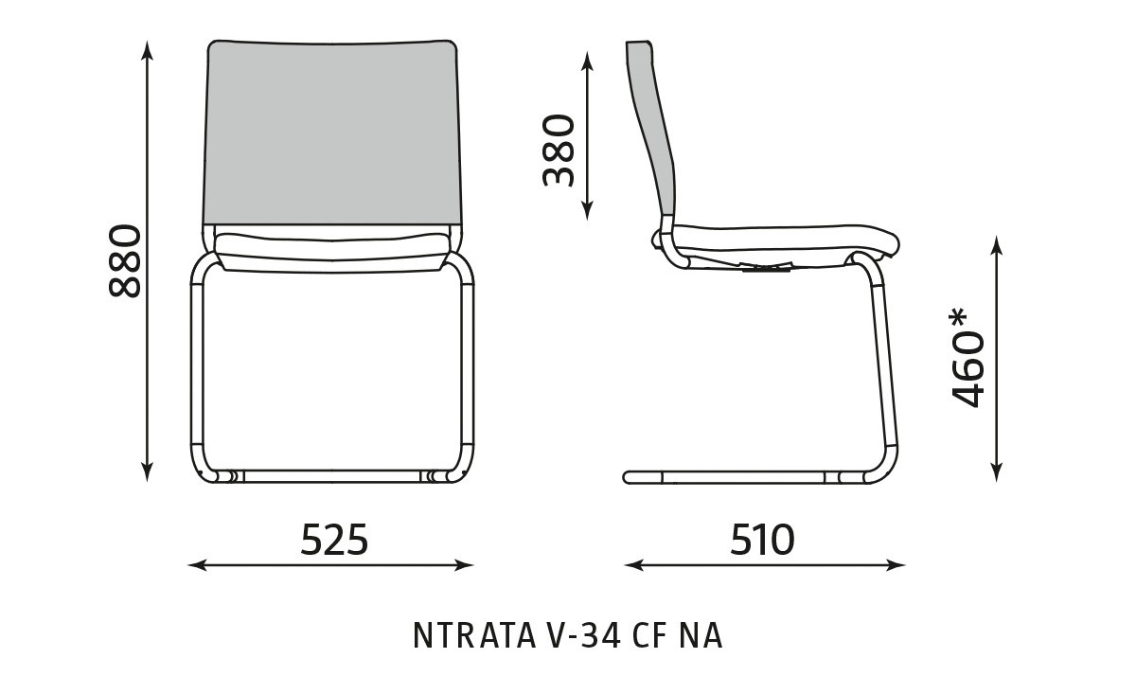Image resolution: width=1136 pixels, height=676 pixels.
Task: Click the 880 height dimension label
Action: (125, 260)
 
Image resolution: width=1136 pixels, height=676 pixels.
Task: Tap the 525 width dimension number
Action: (334, 540)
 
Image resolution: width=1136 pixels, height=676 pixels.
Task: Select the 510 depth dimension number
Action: (762, 540)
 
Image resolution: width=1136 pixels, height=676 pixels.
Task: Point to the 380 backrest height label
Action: (559, 151)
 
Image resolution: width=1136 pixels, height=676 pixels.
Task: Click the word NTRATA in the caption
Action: (474, 635)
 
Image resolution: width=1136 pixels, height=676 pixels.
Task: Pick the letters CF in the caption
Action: (649, 635)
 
